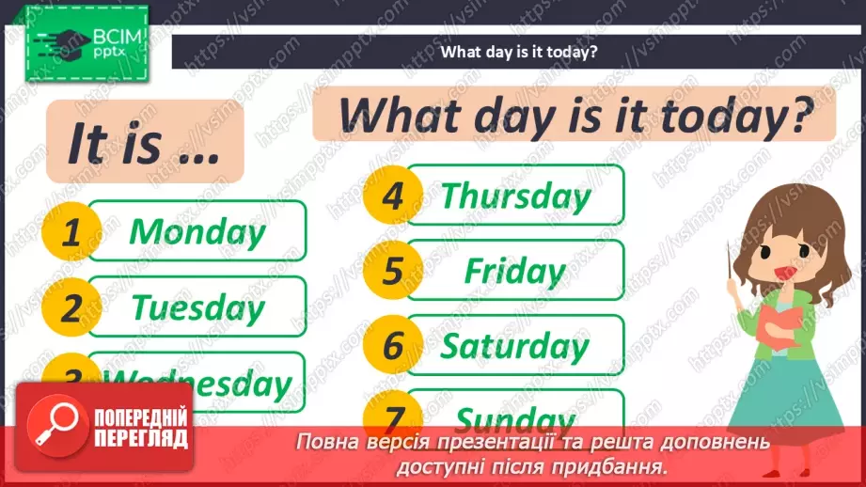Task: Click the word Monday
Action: pos(197,231)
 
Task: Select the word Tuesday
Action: pos(197,307)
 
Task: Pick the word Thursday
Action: pos(515,196)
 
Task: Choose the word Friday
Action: pos(515,272)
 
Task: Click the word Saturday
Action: pos(515,346)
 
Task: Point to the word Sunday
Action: pos(515,418)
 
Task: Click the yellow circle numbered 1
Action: pos(71,232)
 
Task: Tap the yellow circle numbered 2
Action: pos(71,308)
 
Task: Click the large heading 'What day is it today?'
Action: pos(574,115)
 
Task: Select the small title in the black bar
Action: pos(519,53)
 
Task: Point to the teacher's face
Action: pos(784,249)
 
